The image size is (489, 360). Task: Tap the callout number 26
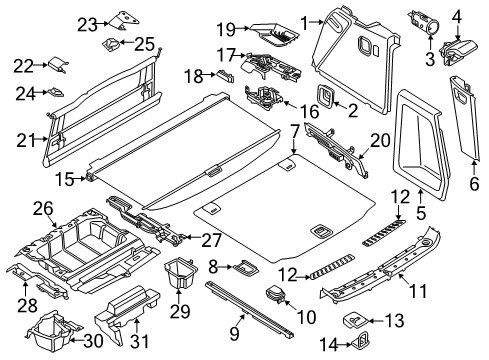pyautogui.click(x=41, y=208)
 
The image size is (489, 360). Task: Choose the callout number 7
pyautogui.click(x=294, y=130)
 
